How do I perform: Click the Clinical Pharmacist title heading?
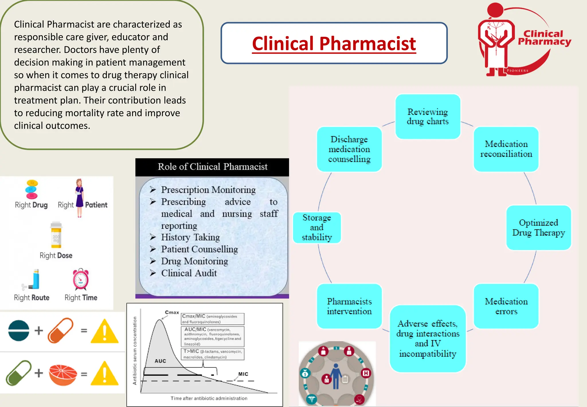point(334,44)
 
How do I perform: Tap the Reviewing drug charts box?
point(428,117)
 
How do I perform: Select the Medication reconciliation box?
point(506,149)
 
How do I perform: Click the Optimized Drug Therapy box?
point(538,228)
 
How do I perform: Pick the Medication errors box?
point(506,306)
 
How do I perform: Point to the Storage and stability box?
point(317,228)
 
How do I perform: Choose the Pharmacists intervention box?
point(349,306)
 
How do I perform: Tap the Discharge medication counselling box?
point(349,149)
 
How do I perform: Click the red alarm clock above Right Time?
point(81,280)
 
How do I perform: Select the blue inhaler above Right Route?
point(35,279)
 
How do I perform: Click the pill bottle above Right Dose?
point(56,235)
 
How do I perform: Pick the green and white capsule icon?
point(18,373)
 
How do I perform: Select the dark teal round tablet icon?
point(19,331)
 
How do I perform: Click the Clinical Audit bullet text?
point(189,273)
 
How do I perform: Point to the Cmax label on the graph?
point(172,312)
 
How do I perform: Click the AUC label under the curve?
point(160,361)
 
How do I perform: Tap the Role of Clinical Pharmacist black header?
point(212,167)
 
